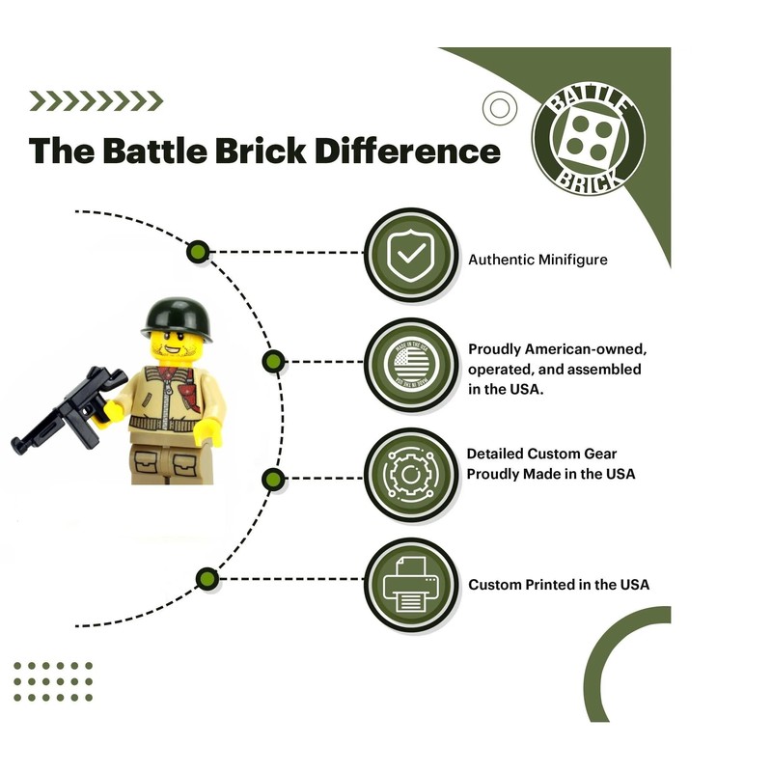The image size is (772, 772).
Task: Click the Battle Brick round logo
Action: [589, 135]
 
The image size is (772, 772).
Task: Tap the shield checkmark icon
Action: [411, 253]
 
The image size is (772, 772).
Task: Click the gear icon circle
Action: [411, 473]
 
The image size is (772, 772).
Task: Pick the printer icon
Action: [411, 584]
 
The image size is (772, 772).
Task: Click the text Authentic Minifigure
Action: [538, 260]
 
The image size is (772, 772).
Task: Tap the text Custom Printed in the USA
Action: [559, 585]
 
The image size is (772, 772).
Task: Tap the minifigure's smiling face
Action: [176, 345]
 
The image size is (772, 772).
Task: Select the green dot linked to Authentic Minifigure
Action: [199, 253]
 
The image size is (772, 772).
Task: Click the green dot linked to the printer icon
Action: [206, 579]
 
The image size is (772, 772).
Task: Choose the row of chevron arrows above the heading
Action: [96, 100]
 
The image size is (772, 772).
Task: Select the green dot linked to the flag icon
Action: [273, 362]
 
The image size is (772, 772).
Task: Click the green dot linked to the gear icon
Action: [273, 478]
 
